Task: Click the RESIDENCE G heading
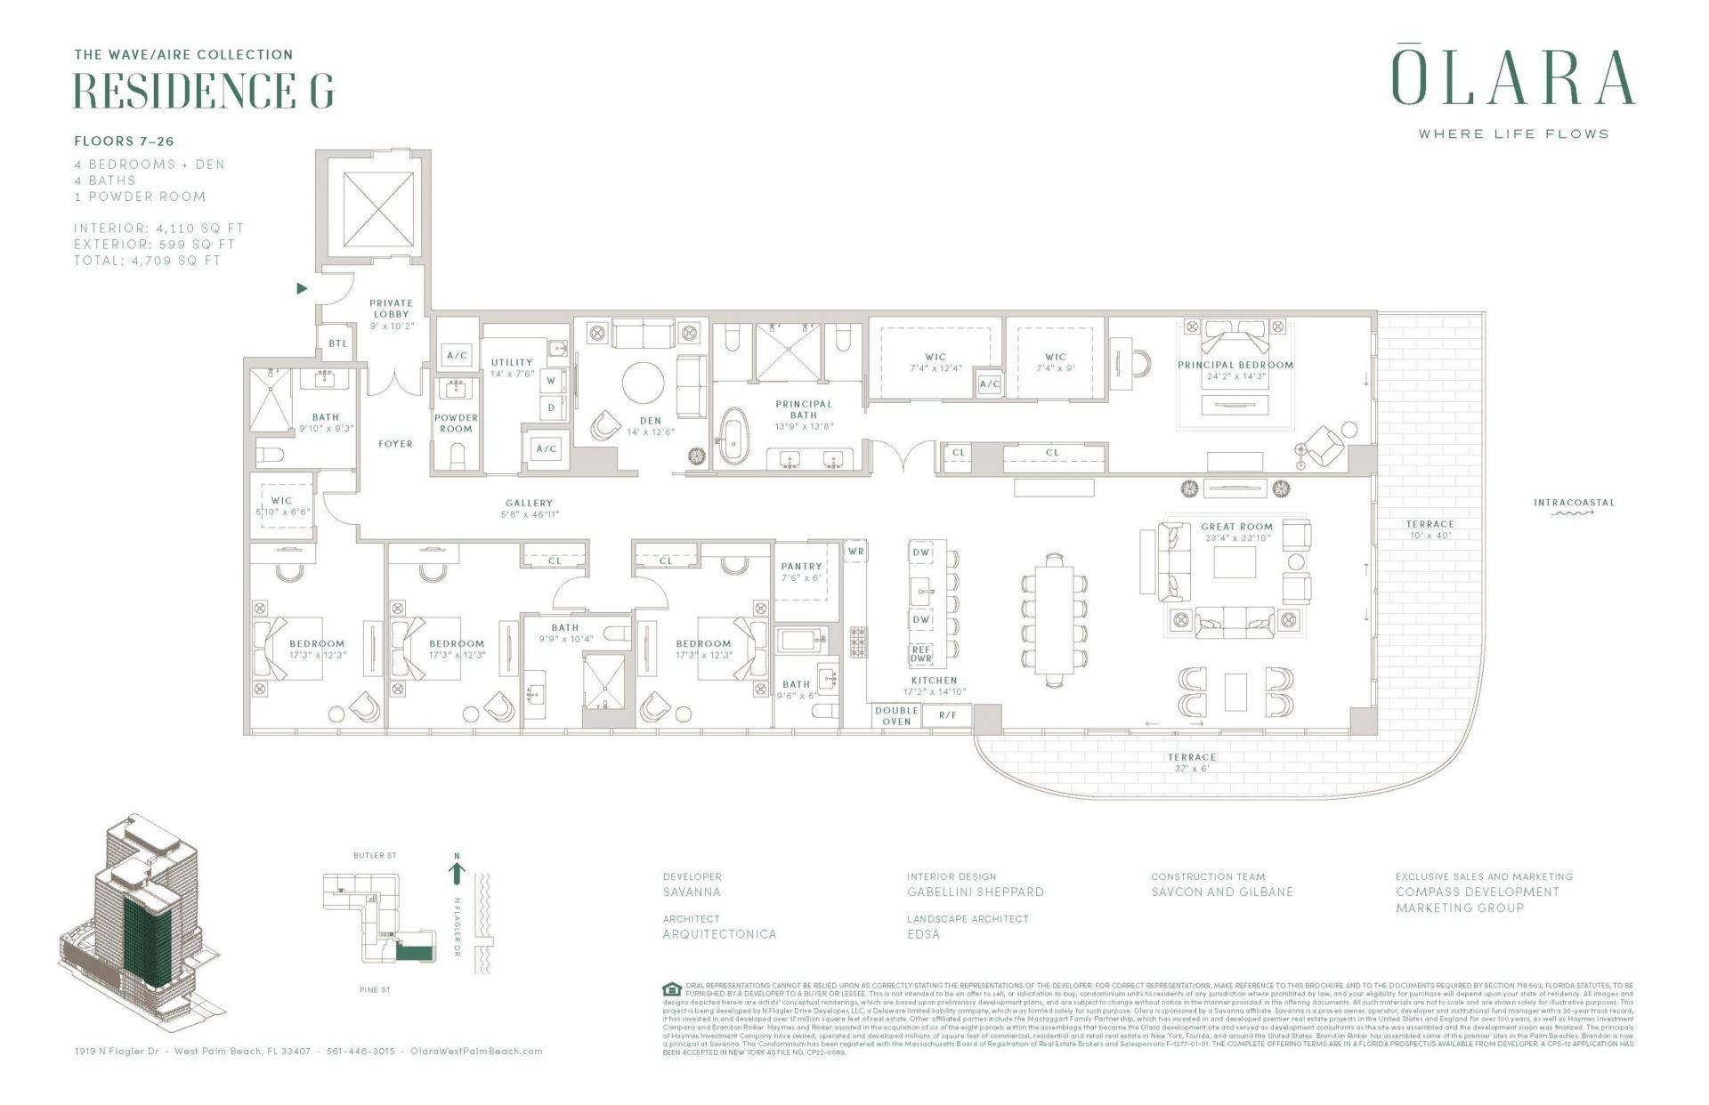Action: pyautogui.click(x=203, y=90)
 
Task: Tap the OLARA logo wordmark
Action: pyautogui.click(x=1512, y=78)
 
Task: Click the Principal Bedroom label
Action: pyautogui.click(x=1235, y=365)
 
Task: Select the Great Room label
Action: pyautogui.click(x=1236, y=527)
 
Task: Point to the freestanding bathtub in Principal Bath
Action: pyautogui.click(x=734, y=437)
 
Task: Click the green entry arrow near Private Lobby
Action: pyautogui.click(x=302, y=288)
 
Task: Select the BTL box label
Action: pyautogui.click(x=338, y=343)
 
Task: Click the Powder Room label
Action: pyautogui.click(x=456, y=423)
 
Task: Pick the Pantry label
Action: pyautogui.click(x=801, y=566)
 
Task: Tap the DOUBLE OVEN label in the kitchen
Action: pyautogui.click(x=895, y=715)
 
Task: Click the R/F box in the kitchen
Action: pyautogui.click(x=947, y=715)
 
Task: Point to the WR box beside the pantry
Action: pyautogui.click(x=855, y=552)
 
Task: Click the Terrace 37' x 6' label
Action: pyautogui.click(x=1191, y=762)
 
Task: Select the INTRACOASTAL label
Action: pyautogui.click(x=1574, y=503)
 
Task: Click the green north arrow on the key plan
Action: pyautogui.click(x=457, y=872)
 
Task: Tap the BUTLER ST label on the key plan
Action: pyautogui.click(x=375, y=856)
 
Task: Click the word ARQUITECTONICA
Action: pyautogui.click(x=719, y=934)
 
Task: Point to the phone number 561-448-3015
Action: pyautogui.click(x=360, y=1051)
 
